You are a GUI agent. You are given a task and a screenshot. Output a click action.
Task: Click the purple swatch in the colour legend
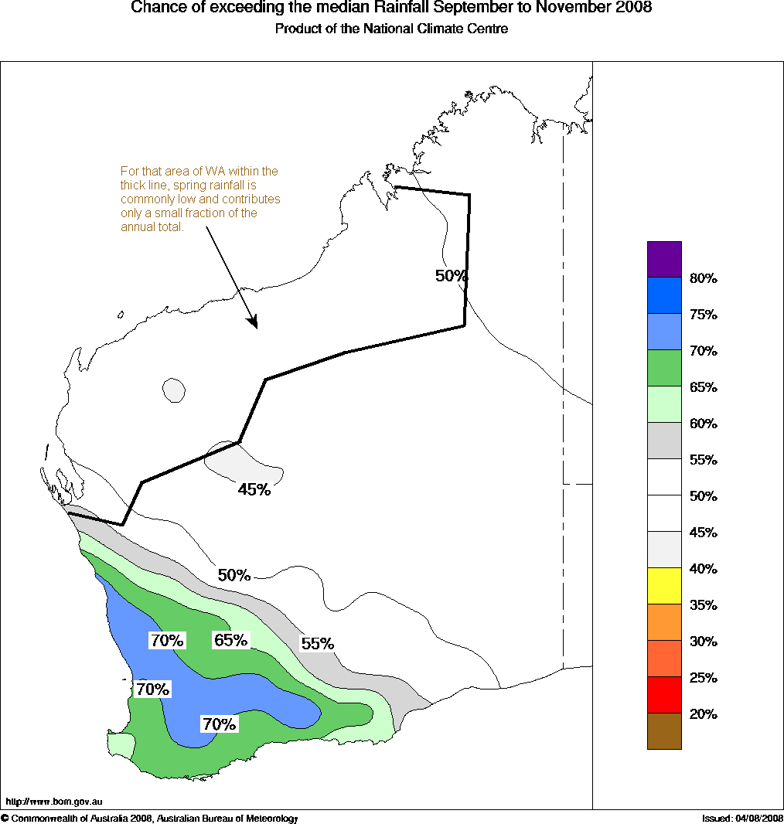pos(664,259)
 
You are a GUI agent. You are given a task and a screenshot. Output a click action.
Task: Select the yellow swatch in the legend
pos(664,586)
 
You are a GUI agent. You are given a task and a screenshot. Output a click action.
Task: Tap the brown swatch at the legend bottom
pos(664,731)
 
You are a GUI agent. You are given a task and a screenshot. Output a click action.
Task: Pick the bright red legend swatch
pos(664,694)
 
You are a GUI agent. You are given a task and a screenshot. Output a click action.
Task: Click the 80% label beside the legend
pos(704,278)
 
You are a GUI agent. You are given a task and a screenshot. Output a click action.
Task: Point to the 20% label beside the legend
pos(704,714)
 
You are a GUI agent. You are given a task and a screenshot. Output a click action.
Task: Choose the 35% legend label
pos(704,605)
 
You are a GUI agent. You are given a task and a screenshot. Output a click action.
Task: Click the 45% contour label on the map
pos(254,489)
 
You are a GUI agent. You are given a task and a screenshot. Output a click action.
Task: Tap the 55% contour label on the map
pos(317,643)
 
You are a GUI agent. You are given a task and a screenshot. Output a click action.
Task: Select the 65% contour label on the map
pos(230,640)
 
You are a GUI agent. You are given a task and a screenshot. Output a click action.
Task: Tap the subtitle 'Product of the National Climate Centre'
pos(391,29)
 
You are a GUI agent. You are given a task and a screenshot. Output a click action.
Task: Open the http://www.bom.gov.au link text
pos(54,802)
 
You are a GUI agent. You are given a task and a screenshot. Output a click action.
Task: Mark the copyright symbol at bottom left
pos(5,819)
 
